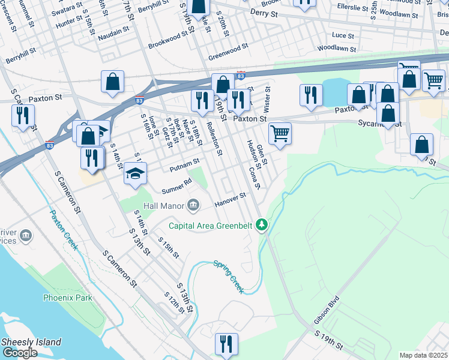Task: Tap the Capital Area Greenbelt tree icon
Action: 261,226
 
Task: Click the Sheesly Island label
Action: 31,342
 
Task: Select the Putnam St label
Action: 184,163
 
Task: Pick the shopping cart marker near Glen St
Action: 279,133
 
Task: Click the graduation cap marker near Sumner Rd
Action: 135,173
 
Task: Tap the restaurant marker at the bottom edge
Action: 225,344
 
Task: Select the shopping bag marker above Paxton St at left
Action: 112,82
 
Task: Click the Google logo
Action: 19,353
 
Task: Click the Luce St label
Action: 343,35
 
